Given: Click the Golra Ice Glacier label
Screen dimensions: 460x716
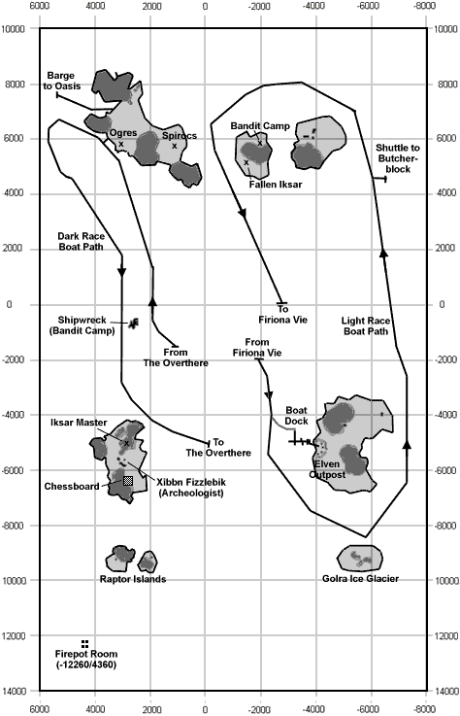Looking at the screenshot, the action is tap(360, 579).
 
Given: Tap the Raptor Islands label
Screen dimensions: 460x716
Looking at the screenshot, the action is tap(133, 579).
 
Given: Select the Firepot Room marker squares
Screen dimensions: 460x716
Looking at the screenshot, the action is tap(84, 644).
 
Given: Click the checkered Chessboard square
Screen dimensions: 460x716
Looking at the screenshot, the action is tap(128, 480).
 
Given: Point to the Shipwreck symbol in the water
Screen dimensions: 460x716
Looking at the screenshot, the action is tap(133, 324).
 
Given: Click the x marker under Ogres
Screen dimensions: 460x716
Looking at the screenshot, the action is tap(121, 144).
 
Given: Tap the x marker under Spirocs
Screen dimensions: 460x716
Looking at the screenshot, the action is tap(175, 146).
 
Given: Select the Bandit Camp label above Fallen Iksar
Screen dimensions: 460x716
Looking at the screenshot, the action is tap(260, 126).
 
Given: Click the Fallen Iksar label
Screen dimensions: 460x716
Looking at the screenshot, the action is tap(276, 184).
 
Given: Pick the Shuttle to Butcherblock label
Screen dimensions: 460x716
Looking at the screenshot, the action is tap(398, 158).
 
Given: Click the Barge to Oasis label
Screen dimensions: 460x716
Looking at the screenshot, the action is tap(61, 81).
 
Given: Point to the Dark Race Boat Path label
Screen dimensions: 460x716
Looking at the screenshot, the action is tap(81, 242).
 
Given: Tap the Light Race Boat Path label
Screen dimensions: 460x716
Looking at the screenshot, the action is tap(366, 326).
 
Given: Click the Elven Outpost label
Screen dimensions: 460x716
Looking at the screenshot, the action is tap(327, 469).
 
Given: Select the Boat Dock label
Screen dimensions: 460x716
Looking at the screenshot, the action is tap(297, 416).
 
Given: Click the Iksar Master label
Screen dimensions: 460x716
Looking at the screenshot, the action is tap(79, 423).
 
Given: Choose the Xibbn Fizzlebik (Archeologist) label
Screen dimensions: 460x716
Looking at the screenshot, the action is tap(191, 488).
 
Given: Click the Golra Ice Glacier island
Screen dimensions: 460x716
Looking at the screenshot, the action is tap(360, 558).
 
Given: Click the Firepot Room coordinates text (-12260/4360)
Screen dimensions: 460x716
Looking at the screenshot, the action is tap(86, 665).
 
